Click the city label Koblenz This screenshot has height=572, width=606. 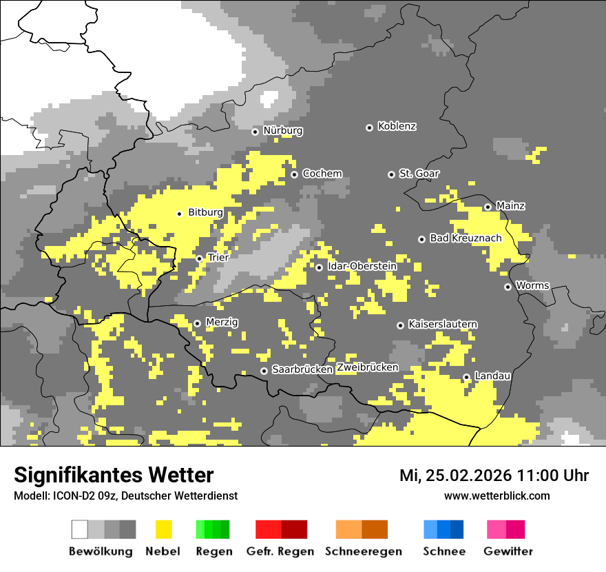coord(397,127)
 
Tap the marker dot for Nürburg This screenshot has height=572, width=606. coord(255,131)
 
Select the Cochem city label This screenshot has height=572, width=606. coord(322,174)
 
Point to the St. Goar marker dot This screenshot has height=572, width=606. coord(391,174)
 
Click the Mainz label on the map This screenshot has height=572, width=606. coord(510,206)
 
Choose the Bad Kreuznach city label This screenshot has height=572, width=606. coord(466,238)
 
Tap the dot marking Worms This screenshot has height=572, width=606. coord(508,287)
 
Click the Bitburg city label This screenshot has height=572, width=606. coord(205,213)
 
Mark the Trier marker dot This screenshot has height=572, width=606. coord(200,258)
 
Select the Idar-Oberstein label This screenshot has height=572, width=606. coord(362,266)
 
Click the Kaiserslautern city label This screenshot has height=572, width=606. coord(443,325)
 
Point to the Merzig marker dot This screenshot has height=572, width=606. coord(197,323)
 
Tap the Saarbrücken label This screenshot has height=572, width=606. coord(302,370)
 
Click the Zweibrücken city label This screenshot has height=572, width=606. coord(368,368)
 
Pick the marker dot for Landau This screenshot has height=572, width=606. coord(466,377)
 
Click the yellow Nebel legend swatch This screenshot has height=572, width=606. coord(163,529)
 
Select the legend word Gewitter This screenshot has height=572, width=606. coord(508,551)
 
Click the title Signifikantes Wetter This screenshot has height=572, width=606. coord(114,476)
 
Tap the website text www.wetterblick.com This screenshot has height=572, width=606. coord(497,496)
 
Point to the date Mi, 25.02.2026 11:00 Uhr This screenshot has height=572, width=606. coord(494,476)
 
